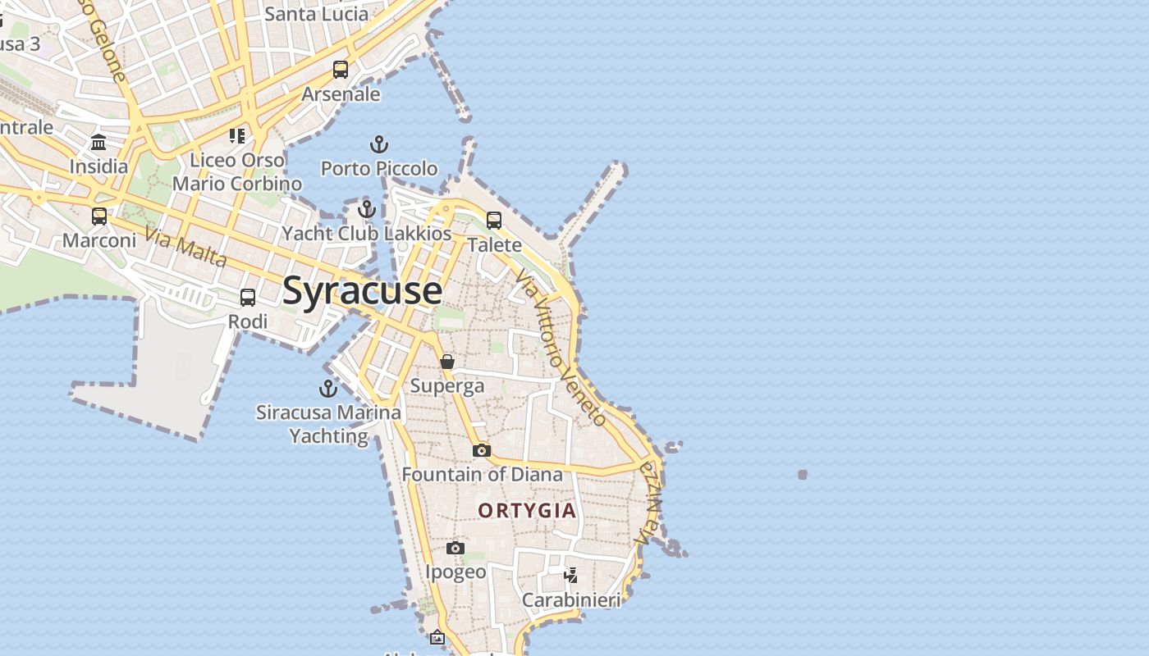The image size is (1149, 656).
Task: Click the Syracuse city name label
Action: point(362,291)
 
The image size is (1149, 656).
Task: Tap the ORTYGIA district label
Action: point(527,510)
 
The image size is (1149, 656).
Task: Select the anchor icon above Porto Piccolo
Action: point(378,145)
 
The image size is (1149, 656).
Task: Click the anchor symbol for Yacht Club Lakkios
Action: point(367,209)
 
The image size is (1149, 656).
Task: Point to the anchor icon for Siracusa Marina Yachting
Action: point(328,389)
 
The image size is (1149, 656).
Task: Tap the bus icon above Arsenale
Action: point(341,70)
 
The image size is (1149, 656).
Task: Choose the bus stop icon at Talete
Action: point(494,221)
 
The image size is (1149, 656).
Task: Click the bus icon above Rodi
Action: point(248,298)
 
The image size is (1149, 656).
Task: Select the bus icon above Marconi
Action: point(99,216)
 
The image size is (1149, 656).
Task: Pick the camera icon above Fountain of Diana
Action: point(482,450)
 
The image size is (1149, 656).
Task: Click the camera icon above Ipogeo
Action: point(455,548)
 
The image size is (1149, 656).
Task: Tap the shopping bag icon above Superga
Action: point(447,362)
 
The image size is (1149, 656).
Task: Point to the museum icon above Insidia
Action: point(98,143)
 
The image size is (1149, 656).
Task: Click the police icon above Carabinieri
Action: point(571,575)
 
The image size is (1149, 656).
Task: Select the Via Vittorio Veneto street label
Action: point(563,348)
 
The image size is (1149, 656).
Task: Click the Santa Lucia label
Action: point(316,14)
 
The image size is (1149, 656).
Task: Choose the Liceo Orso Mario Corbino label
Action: point(237,171)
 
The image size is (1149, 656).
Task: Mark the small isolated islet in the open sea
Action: point(803,474)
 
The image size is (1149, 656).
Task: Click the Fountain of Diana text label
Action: point(482,474)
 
